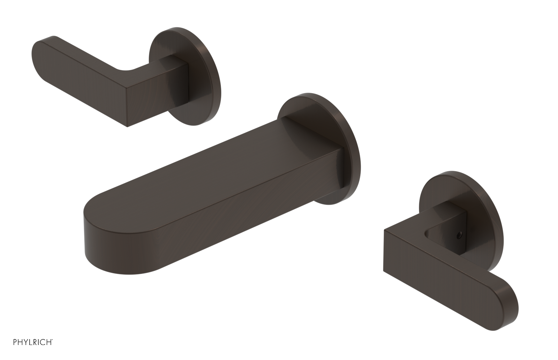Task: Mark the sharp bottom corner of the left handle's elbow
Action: pyautogui.click(x=128, y=127)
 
